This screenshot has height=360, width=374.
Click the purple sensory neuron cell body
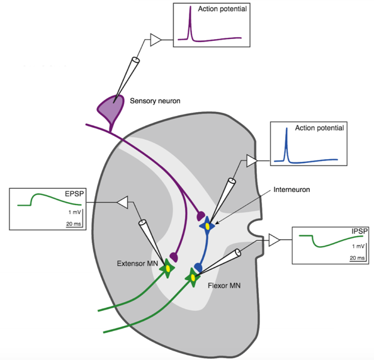coord(111,108)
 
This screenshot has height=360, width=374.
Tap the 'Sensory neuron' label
coord(155,101)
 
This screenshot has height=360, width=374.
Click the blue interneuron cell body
coord(207,226)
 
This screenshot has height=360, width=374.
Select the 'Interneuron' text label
coord(292,190)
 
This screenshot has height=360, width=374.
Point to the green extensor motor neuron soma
coord(167,269)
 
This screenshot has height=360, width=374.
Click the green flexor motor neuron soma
coord(193,278)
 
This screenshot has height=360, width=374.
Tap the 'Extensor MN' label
coord(137,264)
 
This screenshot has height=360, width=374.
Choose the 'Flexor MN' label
coord(224,285)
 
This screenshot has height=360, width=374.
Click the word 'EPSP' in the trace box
coord(74,194)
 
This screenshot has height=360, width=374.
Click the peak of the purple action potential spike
coord(190,6)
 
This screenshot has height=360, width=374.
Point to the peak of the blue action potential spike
coord(286,128)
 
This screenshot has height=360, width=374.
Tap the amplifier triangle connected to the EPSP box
coord(123,203)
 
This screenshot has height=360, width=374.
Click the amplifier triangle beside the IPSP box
coord(274,240)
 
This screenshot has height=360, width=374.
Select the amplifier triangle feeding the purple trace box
coord(155,40)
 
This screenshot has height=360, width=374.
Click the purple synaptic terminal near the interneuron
coord(201,216)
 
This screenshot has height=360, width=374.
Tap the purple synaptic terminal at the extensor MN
coord(174,257)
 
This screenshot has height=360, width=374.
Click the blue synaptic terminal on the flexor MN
coord(198,267)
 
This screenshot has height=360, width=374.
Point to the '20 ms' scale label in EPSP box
coord(74,224)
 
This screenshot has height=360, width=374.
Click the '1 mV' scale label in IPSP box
coord(358,246)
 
